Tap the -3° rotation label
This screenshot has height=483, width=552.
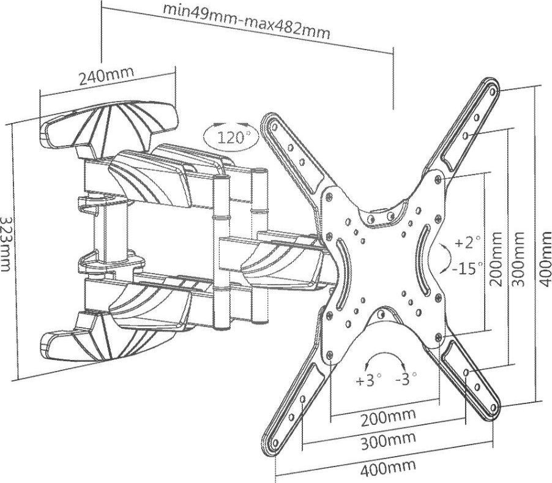click(406, 380)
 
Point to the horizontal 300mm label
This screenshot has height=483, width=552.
click(387, 441)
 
